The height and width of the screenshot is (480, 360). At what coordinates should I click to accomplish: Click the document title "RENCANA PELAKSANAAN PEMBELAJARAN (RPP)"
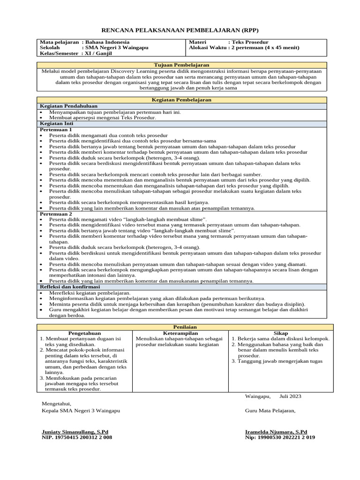[x=180, y=29]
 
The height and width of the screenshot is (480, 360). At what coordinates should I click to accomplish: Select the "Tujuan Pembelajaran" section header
[x=181, y=65]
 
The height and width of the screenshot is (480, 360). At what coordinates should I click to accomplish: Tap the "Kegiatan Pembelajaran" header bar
[x=181, y=100]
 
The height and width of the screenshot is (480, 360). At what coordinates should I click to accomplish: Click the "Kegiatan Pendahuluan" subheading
[x=64, y=106]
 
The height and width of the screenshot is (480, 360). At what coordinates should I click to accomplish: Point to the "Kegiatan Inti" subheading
[x=55, y=124]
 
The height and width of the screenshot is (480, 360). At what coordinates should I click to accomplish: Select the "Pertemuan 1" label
[x=56, y=129]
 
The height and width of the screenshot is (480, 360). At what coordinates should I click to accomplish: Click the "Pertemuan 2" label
[x=56, y=214]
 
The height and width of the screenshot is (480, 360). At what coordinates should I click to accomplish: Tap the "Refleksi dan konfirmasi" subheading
[x=67, y=286]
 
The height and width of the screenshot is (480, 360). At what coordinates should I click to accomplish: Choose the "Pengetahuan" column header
[x=84, y=333]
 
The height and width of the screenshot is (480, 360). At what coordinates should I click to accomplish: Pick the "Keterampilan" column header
[x=180, y=333]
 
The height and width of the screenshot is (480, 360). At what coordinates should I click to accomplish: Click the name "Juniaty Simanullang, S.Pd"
[x=75, y=431]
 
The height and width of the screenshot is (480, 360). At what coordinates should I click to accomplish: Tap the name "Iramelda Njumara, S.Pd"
[x=276, y=431]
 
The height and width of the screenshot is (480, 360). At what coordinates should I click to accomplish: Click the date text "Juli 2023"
[x=290, y=396]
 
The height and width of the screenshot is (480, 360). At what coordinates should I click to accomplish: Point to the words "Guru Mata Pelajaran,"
[x=270, y=411]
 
